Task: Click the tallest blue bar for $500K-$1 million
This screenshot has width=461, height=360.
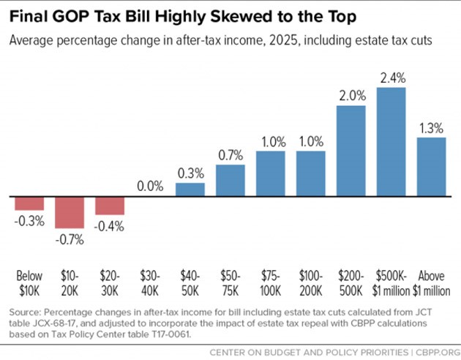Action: (391, 142)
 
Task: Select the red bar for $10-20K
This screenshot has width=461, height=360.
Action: (70, 211)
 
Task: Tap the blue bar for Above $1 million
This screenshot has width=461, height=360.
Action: (431, 167)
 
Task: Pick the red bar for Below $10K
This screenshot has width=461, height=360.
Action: (29, 203)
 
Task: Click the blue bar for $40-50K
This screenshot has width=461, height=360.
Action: (190, 190)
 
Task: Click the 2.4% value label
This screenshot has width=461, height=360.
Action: (391, 77)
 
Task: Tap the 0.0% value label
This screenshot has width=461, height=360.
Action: (150, 187)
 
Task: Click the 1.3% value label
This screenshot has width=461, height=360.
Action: (431, 127)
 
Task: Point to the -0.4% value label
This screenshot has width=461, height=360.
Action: (110, 226)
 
